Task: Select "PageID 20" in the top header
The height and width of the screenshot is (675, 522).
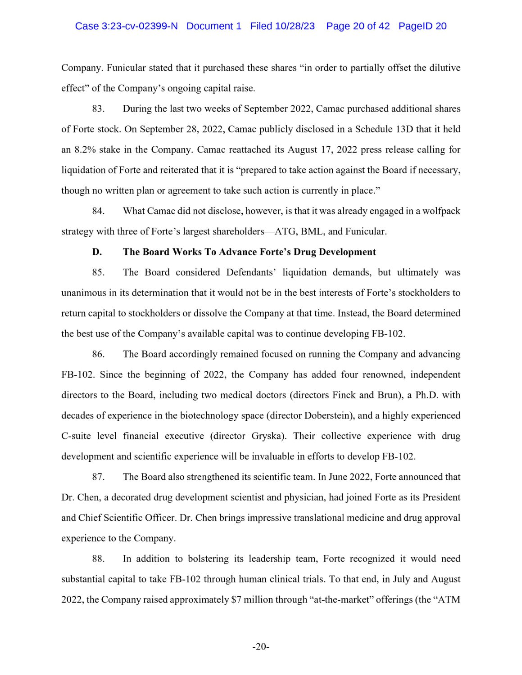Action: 422,26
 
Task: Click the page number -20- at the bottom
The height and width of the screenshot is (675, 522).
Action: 261,647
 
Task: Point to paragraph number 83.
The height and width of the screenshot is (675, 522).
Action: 98,109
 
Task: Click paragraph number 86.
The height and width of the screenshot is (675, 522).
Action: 98,354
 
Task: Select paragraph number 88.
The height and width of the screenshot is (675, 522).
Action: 98,559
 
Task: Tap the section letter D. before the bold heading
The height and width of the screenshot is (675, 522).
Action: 97,252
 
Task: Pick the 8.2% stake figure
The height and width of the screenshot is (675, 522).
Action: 85,150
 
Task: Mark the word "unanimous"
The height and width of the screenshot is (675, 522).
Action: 83,293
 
